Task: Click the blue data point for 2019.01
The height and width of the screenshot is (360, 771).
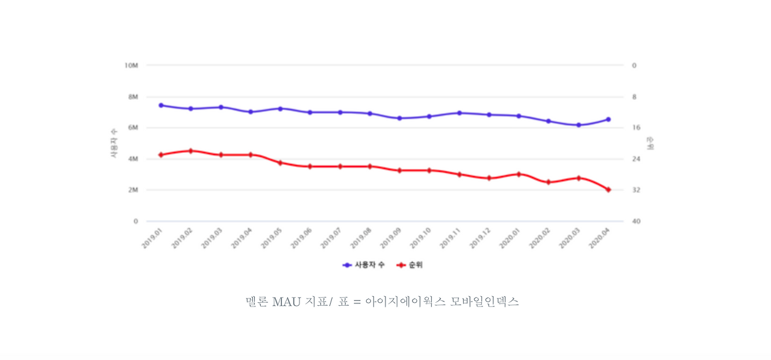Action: click(161, 105)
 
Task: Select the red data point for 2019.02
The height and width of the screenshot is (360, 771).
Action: click(191, 151)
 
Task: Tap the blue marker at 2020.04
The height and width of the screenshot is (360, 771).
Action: click(608, 119)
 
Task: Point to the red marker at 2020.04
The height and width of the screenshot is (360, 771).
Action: click(608, 190)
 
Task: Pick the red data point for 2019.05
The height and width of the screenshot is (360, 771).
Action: click(280, 163)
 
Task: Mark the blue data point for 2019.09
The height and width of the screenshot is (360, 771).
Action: click(399, 118)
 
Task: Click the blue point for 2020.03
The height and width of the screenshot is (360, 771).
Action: click(578, 125)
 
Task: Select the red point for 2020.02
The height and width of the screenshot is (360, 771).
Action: click(549, 182)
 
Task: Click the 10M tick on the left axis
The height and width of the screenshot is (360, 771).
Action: click(131, 65)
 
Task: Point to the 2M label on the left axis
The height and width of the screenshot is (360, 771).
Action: click(132, 190)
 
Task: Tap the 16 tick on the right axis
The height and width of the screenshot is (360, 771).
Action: click(635, 128)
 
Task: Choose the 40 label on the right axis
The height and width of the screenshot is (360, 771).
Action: click(636, 221)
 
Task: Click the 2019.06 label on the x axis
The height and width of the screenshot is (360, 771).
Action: click(301, 238)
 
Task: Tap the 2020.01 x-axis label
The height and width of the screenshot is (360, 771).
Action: click(510, 238)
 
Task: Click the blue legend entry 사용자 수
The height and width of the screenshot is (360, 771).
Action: click(364, 265)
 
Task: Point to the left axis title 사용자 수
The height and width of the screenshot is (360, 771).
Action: click(113, 143)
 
